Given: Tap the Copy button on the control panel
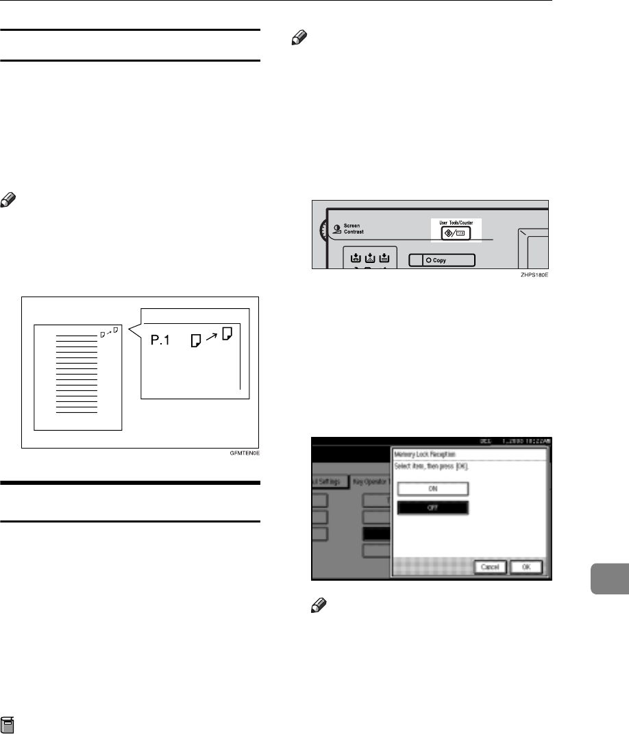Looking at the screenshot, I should click(441, 260).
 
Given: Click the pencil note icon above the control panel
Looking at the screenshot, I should click(297, 40).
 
